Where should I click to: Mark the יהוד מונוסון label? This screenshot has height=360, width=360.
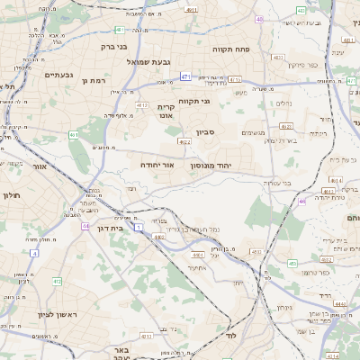211,166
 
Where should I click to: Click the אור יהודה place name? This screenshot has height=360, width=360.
157,165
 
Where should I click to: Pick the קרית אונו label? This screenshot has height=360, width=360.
166,111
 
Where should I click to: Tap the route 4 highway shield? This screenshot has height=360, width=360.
34,253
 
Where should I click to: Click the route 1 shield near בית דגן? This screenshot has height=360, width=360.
139,228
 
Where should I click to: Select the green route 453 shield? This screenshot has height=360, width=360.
292,263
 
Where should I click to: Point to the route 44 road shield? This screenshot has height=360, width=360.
85,226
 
